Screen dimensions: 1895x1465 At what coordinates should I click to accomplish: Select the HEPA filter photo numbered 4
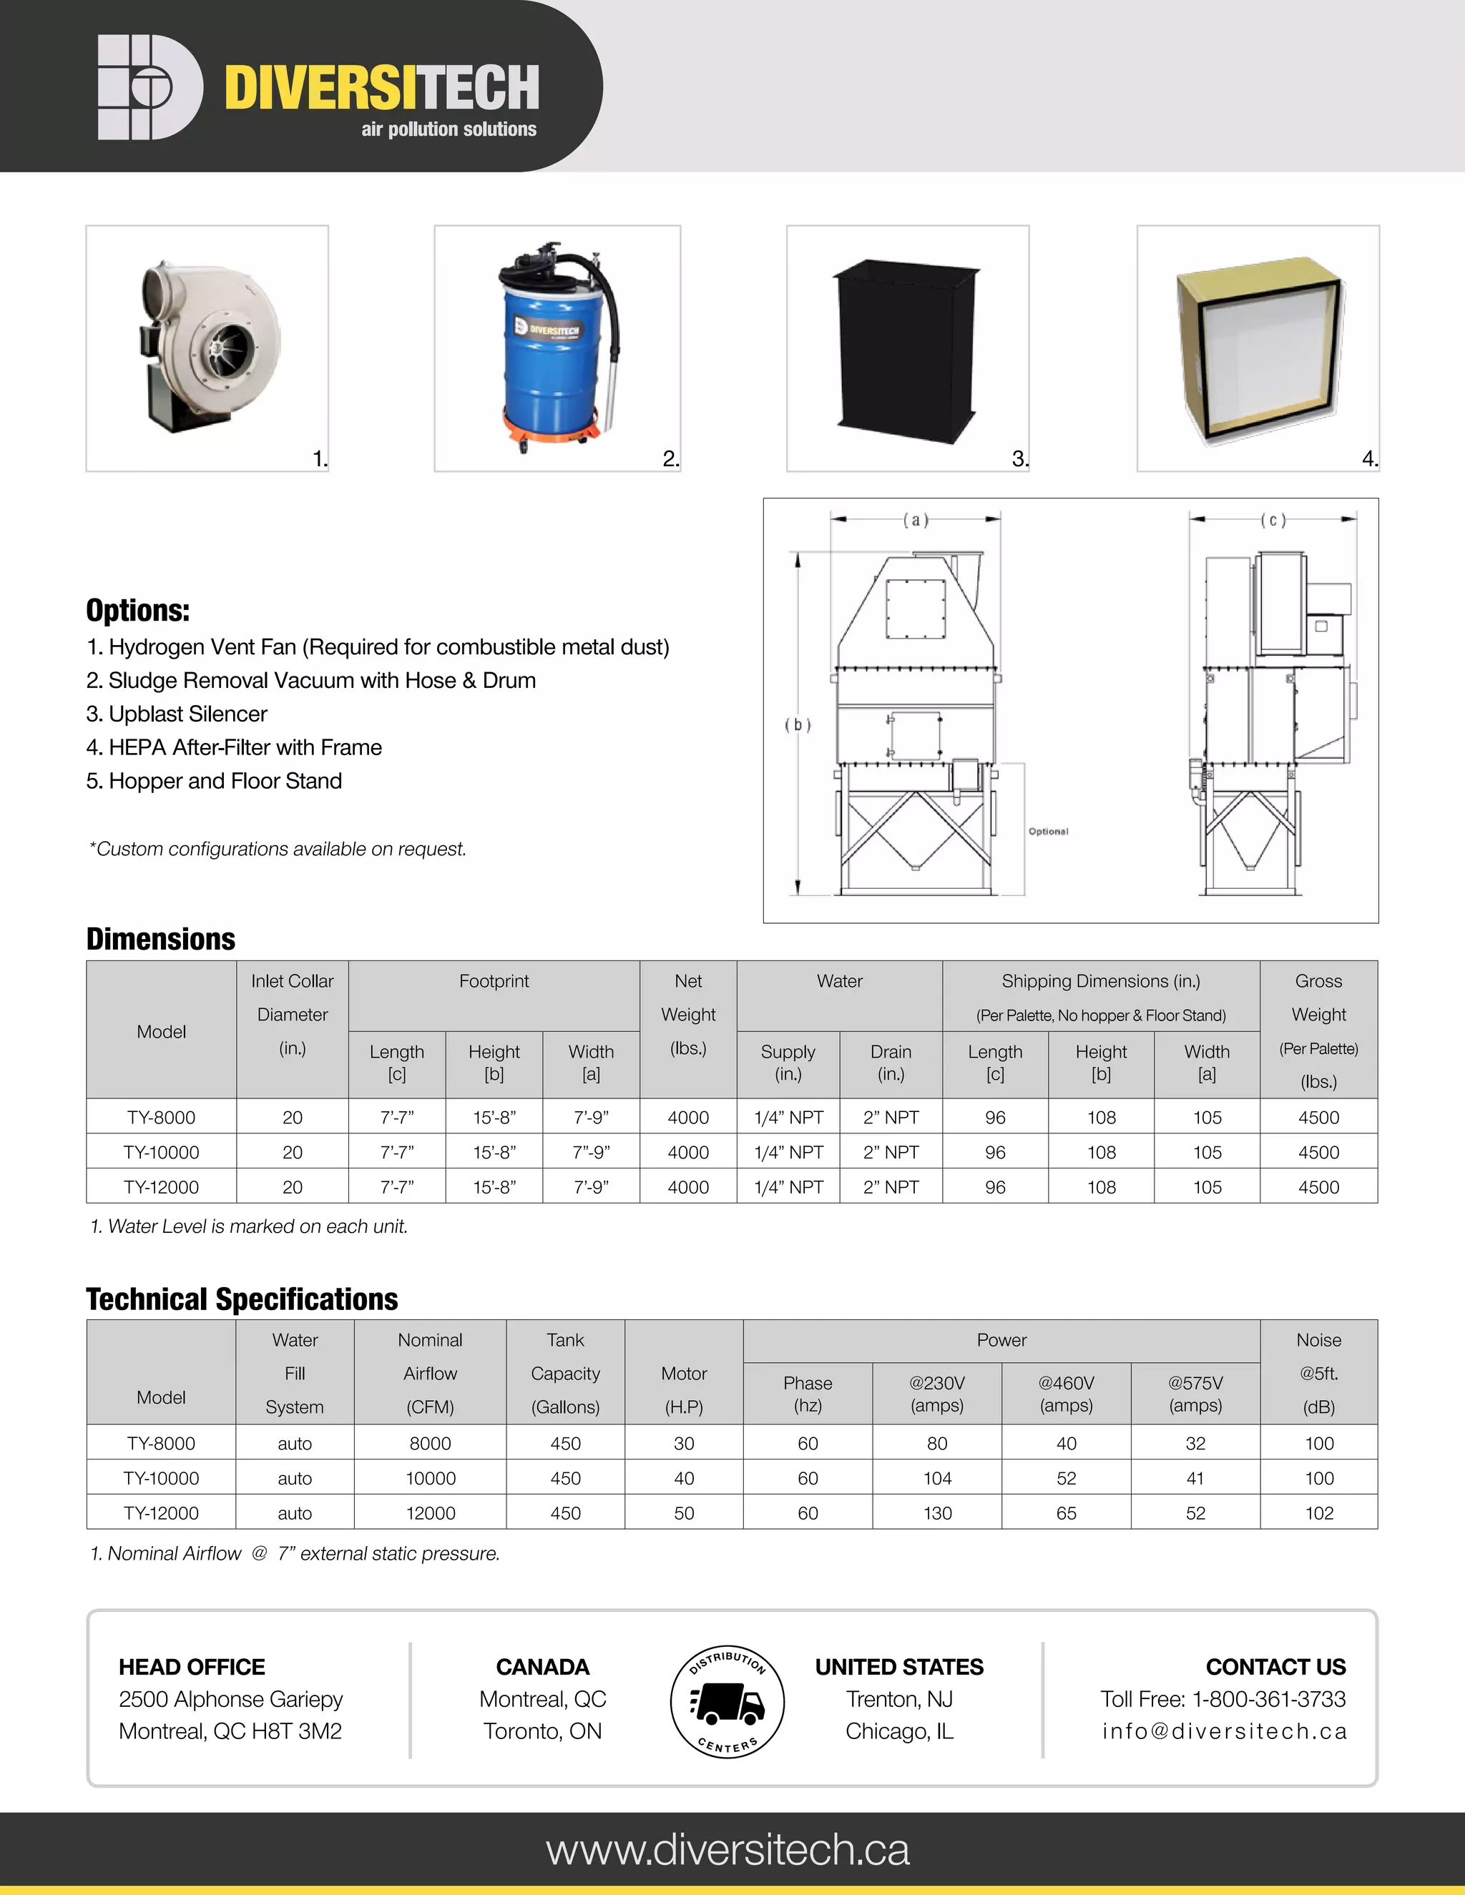tap(1258, 351)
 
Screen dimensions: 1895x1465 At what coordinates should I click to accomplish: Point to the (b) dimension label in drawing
tap(798, 724)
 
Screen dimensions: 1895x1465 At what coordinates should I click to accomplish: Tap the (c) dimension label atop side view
tap(1273, 521)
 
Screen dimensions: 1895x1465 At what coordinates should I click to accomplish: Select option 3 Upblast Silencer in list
tap(177, 714)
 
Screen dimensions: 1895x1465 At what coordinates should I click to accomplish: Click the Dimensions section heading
tap(160, 939)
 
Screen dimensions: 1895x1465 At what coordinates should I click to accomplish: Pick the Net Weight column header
tap(688, 1013)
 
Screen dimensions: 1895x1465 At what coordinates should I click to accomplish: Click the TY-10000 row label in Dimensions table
tap(162, 1152)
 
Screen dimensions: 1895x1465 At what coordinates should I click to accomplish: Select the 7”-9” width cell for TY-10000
tap(591, 1152)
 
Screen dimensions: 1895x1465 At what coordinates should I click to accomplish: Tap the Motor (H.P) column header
tap(684, 1389)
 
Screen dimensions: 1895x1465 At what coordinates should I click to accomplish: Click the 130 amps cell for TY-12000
tap(937, 1513)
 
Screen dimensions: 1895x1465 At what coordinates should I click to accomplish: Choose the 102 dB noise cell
tap(1318, 1513)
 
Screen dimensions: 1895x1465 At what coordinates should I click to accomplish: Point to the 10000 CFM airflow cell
tap(431, 1479)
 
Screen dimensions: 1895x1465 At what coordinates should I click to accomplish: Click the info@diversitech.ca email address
tap(1224, 1731)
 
